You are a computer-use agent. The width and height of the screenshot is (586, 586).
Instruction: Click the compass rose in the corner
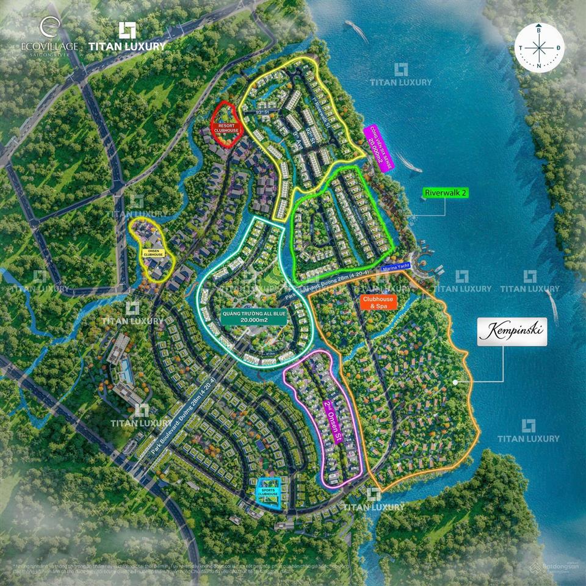pyautogui.click(x=539, y=47)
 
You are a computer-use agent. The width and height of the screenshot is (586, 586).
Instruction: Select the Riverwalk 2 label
pyautogui.click(x=445, y=192)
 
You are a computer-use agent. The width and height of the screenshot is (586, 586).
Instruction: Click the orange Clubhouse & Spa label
pyautogui.click(x=378, y=303)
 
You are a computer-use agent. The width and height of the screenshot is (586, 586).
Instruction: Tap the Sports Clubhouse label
pyautogui.click(x=266, y=492)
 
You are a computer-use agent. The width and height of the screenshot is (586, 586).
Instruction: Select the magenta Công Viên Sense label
pyautogui.click(x=378, y=146)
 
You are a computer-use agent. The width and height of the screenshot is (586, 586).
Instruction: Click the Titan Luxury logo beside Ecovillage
pyautogui.click(x=127, y=37)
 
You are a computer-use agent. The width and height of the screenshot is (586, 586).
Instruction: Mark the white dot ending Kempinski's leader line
pyautogui.click(x=455, y=382)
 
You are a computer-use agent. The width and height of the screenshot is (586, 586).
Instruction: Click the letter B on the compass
pyautogui.click(x=538, y=29)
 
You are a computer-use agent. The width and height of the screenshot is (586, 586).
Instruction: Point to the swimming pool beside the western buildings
pyautogui.click(x=125, y=369)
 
